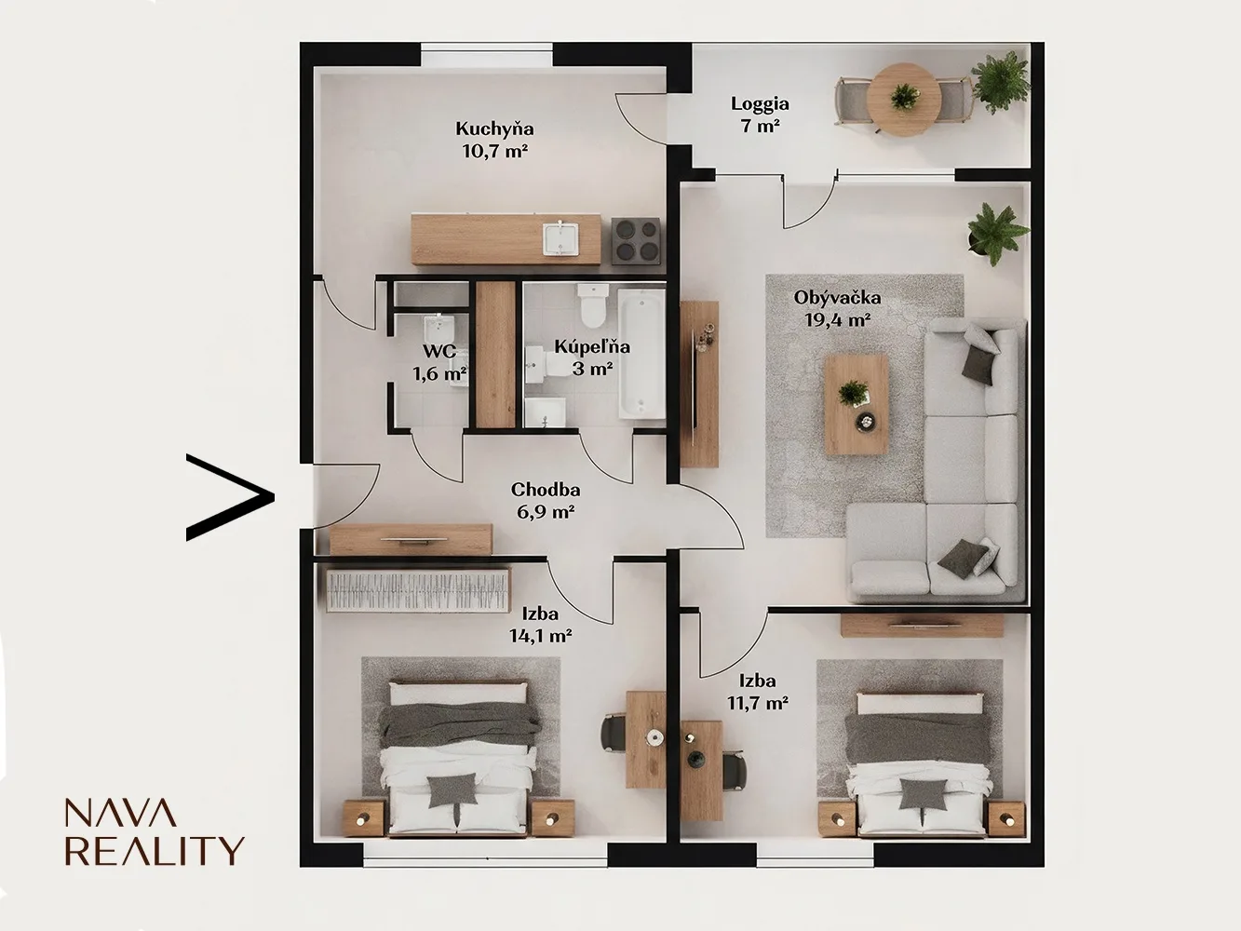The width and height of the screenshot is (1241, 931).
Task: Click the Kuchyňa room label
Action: (x=494, y=129)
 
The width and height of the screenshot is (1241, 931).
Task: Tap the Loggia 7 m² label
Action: (x=760, y=115)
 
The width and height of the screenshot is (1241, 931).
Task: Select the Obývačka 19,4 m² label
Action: (x=837, y=309)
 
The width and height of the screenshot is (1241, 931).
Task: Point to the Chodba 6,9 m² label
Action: (x=546, y=501)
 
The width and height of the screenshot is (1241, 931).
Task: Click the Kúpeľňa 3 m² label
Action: (x=592, y=358)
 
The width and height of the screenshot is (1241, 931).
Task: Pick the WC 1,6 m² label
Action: (x=439, y=362)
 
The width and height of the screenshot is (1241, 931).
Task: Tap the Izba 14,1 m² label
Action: (x=540, y=626)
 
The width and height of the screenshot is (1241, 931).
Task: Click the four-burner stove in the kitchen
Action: (x=636, y=241)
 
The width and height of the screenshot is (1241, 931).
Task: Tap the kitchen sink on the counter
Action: (x=560, y=238)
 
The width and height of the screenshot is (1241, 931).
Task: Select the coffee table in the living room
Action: (x=857, y=404)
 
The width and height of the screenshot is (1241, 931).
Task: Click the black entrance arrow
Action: (x=230, y=497)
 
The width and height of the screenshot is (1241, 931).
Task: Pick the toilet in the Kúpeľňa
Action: (x=592, y=305)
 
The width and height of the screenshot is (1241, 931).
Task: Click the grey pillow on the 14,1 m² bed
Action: (x=452, y=790)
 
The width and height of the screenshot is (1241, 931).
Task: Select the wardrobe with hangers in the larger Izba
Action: (x=417, y=589)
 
